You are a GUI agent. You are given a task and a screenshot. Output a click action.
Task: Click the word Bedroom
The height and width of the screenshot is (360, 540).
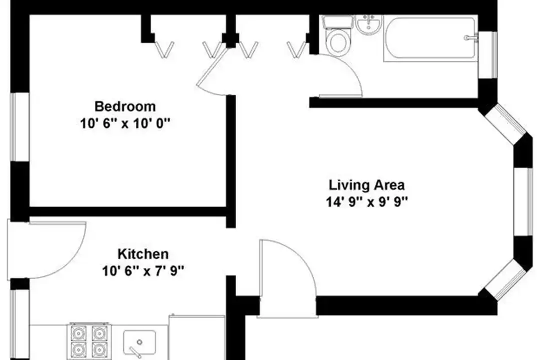tap(125, 106)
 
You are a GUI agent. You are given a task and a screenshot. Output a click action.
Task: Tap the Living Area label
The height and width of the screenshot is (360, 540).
tap(366, 185)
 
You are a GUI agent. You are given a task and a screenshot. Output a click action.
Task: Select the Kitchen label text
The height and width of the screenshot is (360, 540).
tap(143, 254)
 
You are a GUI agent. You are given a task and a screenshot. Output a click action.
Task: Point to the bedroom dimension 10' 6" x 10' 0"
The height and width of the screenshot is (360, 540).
tap(125, 123)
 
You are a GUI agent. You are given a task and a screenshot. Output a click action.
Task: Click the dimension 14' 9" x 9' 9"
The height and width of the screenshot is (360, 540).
tap(366, 201)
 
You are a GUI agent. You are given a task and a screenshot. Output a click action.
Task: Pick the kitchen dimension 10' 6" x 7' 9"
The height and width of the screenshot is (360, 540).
tap(143, 271)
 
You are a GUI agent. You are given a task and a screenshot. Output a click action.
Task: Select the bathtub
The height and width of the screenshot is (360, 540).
tap(430, 38)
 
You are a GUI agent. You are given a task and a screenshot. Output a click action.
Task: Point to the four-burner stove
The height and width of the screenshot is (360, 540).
tap(89, 341)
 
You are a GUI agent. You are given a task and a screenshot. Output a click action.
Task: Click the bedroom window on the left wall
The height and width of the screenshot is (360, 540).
tap(14, 127)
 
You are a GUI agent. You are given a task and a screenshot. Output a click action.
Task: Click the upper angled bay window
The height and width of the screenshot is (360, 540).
tap(504, 123)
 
